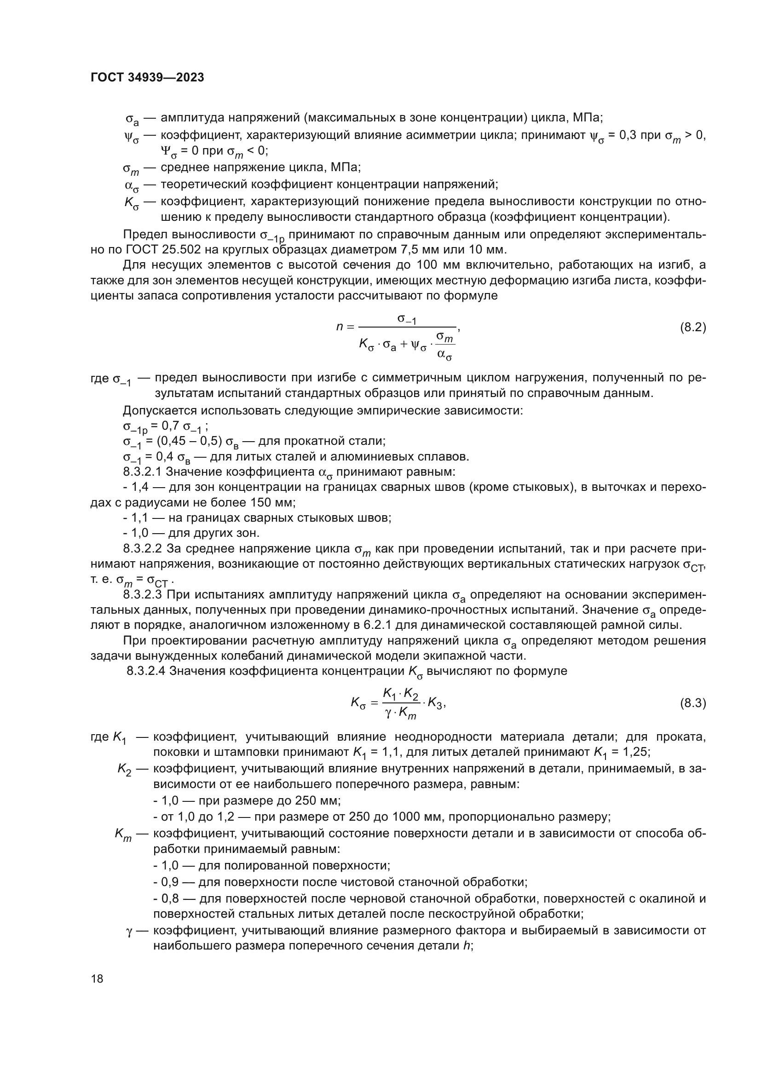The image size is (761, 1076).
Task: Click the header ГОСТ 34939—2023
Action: (x=147, y=78)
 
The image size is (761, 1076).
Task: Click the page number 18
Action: (x=97, y=978)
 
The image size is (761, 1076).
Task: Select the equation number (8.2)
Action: (x=692, y=327)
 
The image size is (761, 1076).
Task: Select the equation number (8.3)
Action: (x=692, y=703)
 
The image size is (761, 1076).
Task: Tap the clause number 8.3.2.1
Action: (x=143, y=472)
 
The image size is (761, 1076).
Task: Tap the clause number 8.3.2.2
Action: (x=143, y=548)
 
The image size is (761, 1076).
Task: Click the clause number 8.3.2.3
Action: (x=143, y=595)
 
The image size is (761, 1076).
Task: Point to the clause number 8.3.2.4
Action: (x=146, y=671)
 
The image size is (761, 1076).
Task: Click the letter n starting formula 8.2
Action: (x=340, y=327)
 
